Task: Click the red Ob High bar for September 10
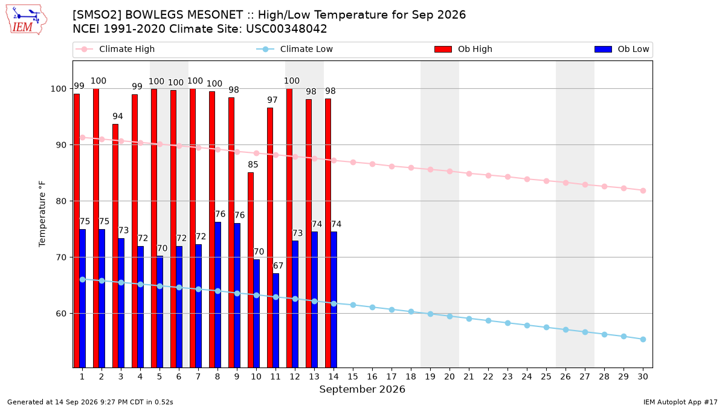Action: tap(251, 270)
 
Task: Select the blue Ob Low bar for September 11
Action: tap(275, 320)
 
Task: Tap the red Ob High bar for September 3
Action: tap(115, 246)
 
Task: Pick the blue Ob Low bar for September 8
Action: tap(218, 295)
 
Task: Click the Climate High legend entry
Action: tap(115, 49)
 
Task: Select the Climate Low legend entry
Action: tap(295, 49)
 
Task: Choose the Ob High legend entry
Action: tap(463, 49)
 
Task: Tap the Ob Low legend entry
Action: tap(622, 49)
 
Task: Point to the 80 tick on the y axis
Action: tap(61, 201)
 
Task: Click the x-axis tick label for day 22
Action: tap(488, 377)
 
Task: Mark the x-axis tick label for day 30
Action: tap(643, 377)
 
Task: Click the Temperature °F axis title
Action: tap(42, 214)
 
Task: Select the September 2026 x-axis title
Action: tap(362, 389)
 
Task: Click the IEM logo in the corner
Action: tap(26, 20)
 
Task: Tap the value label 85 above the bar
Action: tap(253, 165)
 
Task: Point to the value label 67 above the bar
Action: tap(278, 266)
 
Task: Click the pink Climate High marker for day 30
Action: tap(643, 191)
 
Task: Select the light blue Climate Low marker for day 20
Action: tap(449, 316)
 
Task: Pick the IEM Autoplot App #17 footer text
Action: tap(680, 402)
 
